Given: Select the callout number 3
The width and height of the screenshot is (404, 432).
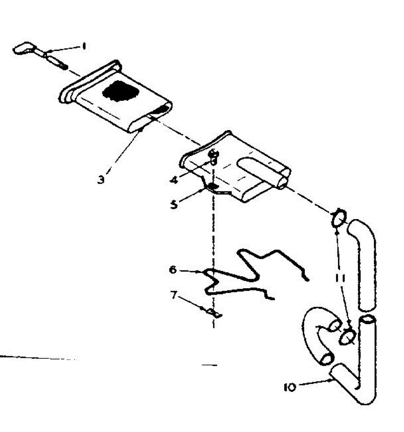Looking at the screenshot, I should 102,179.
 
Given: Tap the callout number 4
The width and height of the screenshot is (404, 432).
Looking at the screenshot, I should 174,179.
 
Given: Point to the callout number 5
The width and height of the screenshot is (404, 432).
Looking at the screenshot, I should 174,205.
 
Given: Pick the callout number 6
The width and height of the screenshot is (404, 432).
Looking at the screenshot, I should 173,269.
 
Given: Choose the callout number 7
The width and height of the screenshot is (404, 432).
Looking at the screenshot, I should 174,296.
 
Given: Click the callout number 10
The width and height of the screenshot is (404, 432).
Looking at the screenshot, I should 289,387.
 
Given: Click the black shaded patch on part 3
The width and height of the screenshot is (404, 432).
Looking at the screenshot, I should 120,92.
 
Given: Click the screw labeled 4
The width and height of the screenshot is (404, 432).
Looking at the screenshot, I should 214,157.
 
